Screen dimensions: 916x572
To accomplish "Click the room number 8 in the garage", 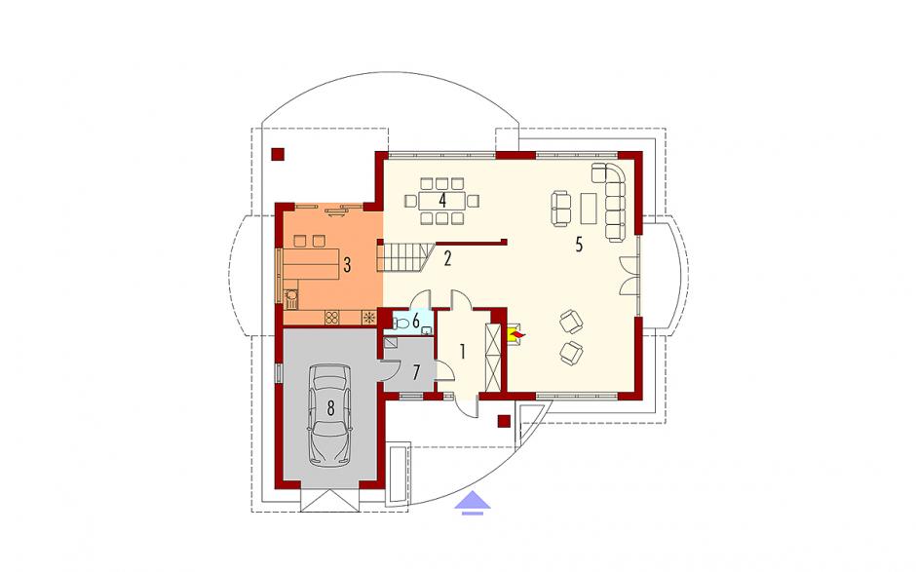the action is (330, 408).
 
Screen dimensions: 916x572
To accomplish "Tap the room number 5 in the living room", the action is (578, 245).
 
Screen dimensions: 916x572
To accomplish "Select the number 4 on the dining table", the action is (442, 201).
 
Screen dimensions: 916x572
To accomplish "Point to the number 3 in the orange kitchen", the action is (347, 266).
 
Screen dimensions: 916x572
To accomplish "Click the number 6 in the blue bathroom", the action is (416, 321).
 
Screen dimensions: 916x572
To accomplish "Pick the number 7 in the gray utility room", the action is (416, 372).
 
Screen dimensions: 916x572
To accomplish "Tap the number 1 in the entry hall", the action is (463, 352).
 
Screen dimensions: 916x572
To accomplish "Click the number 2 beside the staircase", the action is (447, 258).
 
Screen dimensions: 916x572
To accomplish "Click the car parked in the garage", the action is (330, 415).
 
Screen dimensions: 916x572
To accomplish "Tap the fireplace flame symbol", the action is (517, 335).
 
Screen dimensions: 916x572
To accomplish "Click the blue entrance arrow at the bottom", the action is (473, 503).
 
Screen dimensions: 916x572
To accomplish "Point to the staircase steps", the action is (404, 257).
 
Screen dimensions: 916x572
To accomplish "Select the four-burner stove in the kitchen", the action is (332, 318).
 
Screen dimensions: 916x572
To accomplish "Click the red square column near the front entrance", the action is (504, 421).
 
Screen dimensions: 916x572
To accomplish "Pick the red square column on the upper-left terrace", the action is (278, 154).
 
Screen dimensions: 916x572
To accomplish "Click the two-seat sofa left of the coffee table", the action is (561, 209).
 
